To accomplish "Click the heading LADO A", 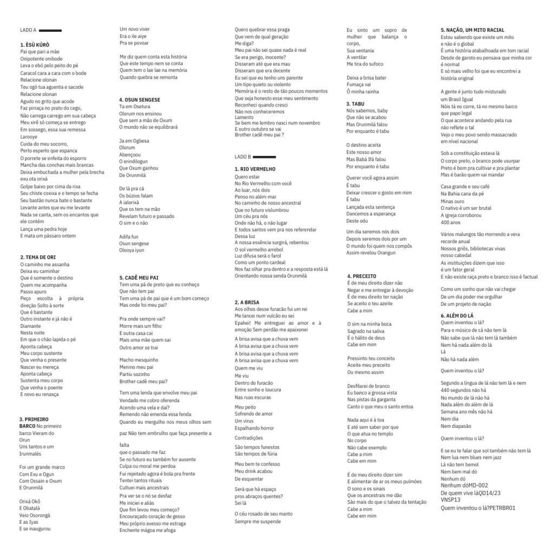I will [28, 30].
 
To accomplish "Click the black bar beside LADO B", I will [263, 156].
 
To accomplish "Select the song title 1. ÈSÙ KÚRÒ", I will [35, 44].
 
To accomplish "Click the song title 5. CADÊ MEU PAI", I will [138, 278].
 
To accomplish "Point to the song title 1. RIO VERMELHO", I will [255, 169].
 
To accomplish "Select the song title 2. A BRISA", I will [247, 302].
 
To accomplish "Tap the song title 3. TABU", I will [355, 103].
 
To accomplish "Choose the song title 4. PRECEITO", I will [361, 276].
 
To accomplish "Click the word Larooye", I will [29, 137].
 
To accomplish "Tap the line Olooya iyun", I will [131, 250].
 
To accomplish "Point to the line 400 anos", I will [450, 222].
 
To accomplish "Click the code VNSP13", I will [452, 500].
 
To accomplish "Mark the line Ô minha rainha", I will [362, 91].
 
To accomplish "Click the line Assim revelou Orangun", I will [371, 253].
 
